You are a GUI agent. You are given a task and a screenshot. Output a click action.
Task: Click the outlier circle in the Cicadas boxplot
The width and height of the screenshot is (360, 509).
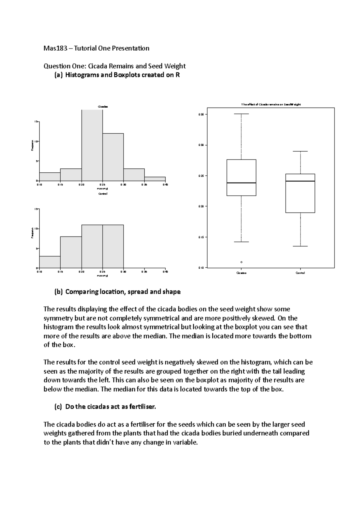[241, 262]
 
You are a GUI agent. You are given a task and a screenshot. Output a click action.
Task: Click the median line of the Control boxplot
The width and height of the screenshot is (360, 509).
[300, 181]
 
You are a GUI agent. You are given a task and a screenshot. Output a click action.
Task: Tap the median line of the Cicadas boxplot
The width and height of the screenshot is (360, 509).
[241, 183]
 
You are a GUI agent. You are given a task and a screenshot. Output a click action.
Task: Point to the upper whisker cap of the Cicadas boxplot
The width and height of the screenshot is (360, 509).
[241, 114]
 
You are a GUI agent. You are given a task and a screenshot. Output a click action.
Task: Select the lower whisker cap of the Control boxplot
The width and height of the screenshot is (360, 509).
[300, 246]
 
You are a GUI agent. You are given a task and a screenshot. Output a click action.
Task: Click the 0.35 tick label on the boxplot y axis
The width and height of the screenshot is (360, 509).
[201, 114]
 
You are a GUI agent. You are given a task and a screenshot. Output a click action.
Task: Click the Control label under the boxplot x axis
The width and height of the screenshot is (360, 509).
[300, 273]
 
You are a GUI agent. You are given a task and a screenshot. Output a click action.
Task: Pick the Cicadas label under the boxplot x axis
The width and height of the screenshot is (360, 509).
[241, 273]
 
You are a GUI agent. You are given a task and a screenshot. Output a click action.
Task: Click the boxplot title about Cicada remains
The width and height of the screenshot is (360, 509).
[271, 104]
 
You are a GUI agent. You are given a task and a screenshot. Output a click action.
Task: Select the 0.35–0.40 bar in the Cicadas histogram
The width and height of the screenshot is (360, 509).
[155, 179]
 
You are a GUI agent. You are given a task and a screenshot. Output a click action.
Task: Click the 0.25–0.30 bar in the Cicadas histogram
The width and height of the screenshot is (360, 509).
[113, 157]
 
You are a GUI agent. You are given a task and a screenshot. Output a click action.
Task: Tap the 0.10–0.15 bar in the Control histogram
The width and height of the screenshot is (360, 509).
[50, 262]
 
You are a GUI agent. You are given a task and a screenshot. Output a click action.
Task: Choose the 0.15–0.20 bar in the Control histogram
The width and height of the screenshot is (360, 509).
[71, 252]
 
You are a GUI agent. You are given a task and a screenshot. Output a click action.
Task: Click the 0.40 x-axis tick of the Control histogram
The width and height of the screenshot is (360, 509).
[165, 272]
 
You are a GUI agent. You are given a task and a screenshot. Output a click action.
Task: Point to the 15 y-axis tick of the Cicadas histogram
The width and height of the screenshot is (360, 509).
[35, 122]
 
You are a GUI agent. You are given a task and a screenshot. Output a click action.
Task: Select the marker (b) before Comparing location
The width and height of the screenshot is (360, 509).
[58, 292]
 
